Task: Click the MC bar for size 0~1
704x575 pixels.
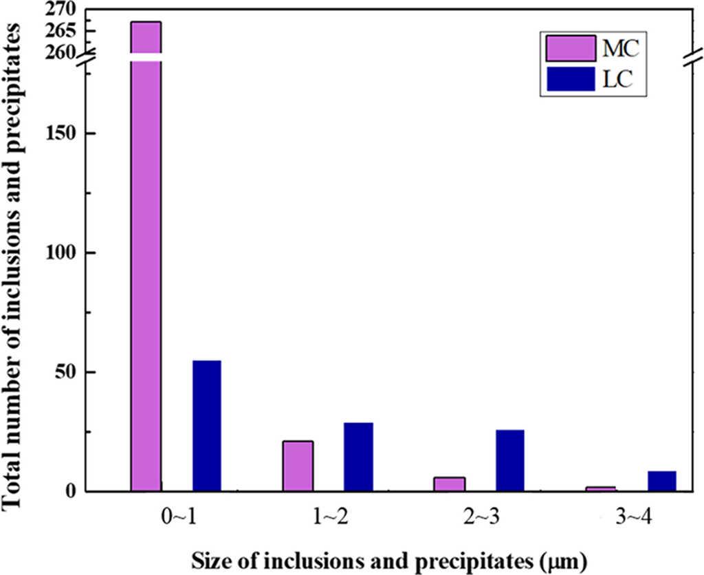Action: click(146, 275)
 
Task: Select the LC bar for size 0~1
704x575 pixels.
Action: click(206, 426)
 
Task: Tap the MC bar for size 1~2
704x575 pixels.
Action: click(297, 466)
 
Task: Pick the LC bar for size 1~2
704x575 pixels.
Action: click(358, 457)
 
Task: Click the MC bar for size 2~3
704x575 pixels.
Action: click(449, 484)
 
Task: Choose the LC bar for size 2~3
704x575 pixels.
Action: click(509, 460)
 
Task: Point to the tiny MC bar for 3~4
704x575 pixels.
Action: click(601, 489)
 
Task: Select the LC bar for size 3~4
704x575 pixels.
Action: click(661, 481)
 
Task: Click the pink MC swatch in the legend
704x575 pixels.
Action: click(570, 49)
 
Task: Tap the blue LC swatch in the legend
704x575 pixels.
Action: click(570, 80)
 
